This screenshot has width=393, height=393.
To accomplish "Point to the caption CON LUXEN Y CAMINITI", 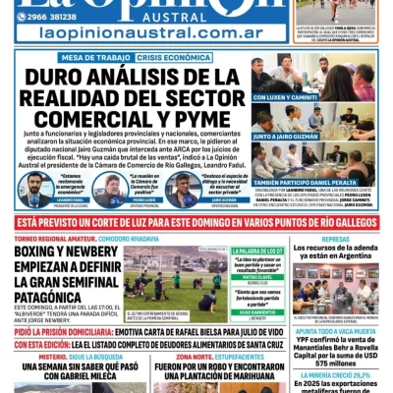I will click(x=285, y=97).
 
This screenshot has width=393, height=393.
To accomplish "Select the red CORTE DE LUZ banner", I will click(x=196, y=224).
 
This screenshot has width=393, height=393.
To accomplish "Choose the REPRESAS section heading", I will click(x=336, y=239).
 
